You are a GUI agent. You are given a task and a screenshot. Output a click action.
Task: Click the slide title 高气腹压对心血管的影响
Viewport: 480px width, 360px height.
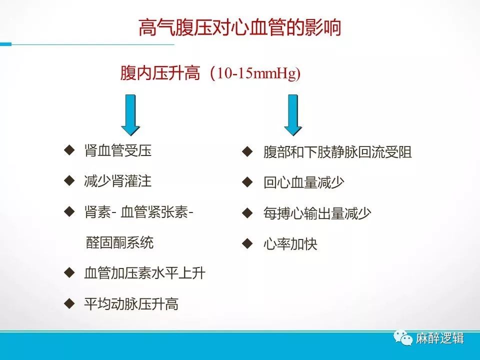pyautogui.click(x=239, y=28)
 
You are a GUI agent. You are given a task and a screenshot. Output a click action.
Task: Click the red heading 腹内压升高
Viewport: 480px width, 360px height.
pyautogui.click(x=160, y=73)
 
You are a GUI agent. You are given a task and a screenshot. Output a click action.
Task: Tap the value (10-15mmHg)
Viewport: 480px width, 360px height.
pyautogui.click(x=255, y=73)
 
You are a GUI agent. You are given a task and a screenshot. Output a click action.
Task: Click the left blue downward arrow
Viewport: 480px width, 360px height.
pyautogui.click(x=130, y=115)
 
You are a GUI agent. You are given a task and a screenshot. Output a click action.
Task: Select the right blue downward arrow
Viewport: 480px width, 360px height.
pyautogui.click(x=293, y=115)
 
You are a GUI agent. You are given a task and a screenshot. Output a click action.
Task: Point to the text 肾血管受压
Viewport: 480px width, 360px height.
pyautogui.click(x=118, y=150)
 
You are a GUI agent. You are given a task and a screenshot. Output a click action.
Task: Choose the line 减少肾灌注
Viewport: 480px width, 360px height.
pyautogui.click(x=118, y=181)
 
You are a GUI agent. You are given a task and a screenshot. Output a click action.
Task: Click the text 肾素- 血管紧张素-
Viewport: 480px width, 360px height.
pyautogui.click(x=138, y=212)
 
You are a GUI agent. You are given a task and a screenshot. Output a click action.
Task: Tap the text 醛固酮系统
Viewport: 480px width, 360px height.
pyautogui.click(x=119, y=243)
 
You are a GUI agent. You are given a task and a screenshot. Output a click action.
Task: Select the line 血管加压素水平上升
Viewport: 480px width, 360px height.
pyautogui.click(x=145, y=273)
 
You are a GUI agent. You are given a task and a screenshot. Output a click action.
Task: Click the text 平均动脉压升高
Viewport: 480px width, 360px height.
pyautogui.click(x=131, y=304)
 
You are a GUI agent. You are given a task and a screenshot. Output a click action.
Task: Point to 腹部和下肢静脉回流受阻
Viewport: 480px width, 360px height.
pyautogui.click(x=337, y=152)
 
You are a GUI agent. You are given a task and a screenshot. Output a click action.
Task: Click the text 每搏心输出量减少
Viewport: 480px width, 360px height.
pyautogui.click(x=317, y=213)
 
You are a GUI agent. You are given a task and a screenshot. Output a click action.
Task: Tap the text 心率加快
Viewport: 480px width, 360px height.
pyautogui.click(x=290, y=244)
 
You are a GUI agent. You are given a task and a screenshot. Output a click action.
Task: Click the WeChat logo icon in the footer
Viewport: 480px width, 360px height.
pyautogui.click(x=403, y=338)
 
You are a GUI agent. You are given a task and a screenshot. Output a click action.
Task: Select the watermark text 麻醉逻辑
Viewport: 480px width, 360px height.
pyautogui.click(x=439, y=338)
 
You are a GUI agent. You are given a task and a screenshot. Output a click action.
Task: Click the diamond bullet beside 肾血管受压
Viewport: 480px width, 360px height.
pyautogui.click(x=69, y=150)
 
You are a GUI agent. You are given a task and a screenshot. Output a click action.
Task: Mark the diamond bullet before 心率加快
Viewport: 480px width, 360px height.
pyautogui.click(x=247, y=243)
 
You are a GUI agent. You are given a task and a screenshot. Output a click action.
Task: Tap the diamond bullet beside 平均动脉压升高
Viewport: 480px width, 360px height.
pyautogui.click(x=69, y=303)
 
